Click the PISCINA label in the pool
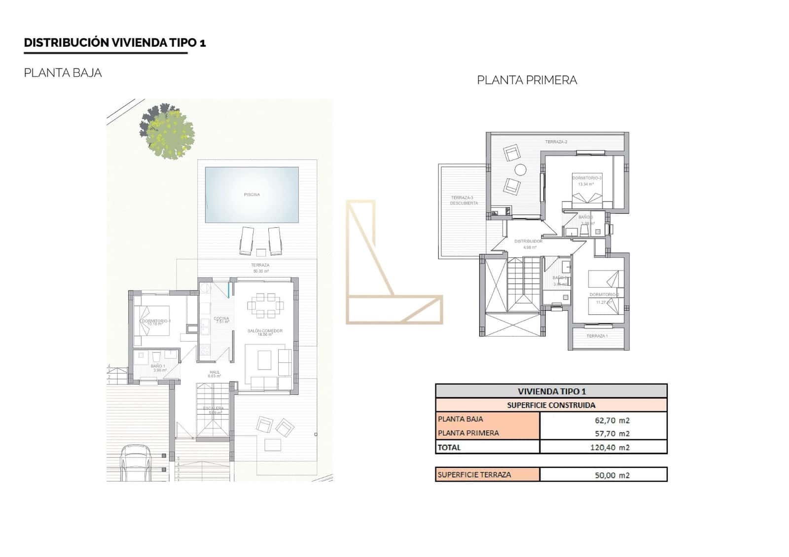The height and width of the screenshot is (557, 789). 251,195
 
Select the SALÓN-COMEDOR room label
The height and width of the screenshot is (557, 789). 265,331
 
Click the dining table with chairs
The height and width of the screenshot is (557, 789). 266,305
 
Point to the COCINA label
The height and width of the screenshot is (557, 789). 221,318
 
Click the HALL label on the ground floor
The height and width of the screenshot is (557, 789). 215,372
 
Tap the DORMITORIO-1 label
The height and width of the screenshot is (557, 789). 156,321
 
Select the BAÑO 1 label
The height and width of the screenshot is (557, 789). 158,366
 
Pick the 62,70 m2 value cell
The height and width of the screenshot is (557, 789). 612,420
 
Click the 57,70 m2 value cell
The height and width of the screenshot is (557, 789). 612,434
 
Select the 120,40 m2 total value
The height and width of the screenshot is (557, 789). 610,448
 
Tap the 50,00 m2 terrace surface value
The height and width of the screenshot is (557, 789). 612,475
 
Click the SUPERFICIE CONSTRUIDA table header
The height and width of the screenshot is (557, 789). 551,405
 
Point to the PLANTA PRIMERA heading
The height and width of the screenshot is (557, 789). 527,80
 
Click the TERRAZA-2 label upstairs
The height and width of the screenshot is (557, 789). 556,142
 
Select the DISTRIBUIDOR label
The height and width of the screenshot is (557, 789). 528,241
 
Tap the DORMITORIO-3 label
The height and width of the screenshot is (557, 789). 587,177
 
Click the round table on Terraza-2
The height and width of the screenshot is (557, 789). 520,170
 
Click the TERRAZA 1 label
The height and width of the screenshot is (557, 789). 597,336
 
